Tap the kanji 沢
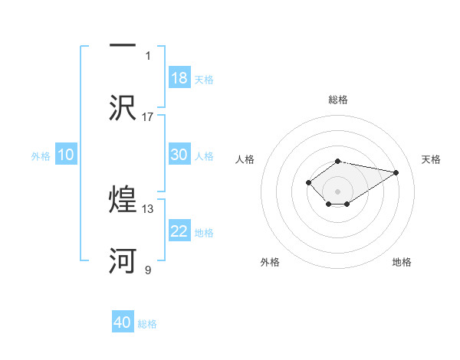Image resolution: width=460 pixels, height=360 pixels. pos(123,106)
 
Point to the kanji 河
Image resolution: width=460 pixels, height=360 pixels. pos(123,260)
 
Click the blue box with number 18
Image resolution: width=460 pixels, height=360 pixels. pos(179,78)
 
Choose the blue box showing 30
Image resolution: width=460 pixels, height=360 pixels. pos(179,155)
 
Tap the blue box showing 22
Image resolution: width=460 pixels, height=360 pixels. pos(179,231)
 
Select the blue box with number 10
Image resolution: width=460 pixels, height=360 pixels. pos(66,155)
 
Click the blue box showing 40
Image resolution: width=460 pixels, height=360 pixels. pos(123,322)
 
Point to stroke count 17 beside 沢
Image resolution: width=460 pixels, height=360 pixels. pos(148,116)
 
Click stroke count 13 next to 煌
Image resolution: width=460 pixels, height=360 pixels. pos(148,208)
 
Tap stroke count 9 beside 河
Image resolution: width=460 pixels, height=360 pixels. pos(148,270)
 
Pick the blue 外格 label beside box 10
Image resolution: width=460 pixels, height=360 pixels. pos(41,155)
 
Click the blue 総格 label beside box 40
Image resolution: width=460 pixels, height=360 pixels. pos(147,324)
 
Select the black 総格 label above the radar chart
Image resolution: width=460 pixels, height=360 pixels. pos(338,100)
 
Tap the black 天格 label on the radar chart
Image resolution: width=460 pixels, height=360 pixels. pos(432,159)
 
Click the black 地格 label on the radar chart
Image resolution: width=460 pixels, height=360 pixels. pos(402,262)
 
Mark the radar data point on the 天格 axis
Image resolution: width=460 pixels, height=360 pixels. pos(396,172)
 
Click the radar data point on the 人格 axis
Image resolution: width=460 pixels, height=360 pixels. pos(308,182)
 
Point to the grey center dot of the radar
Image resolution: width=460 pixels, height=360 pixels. pos(338,191)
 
